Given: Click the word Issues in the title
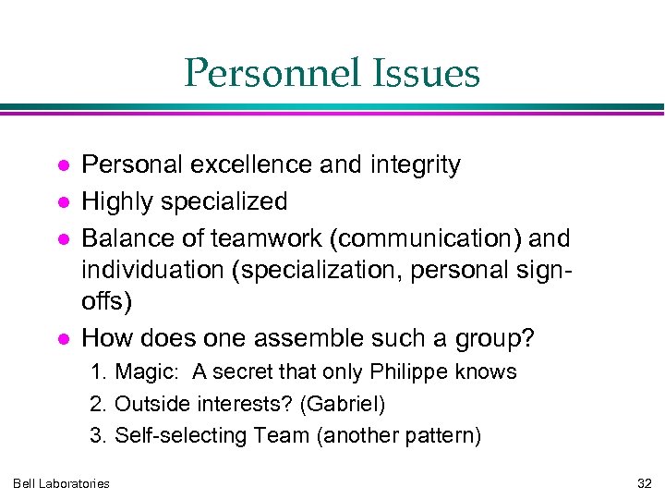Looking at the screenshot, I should [x=432, y=74].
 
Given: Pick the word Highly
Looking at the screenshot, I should [x=119, y=201].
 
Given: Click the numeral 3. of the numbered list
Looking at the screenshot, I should [x=98, y=435].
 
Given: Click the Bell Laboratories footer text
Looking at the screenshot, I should [x=61, y=483].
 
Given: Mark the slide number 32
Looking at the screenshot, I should [x=644, y=483].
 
